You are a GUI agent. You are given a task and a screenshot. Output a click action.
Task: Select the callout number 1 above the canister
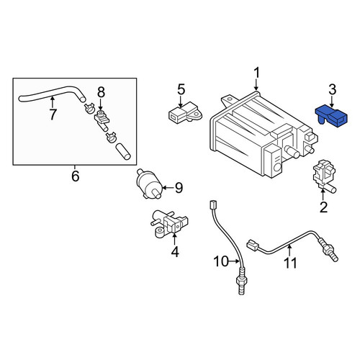(x=256, y=73)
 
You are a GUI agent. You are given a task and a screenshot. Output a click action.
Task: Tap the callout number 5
(x=181, y=89)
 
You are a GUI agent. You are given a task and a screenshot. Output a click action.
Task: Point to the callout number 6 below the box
(x=75, y=176)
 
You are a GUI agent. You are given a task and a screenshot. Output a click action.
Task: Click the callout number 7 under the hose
(x=53, y=114)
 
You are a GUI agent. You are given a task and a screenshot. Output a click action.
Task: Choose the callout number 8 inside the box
(x=101, y=92)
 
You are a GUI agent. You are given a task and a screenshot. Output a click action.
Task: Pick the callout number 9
(x=179, y=188)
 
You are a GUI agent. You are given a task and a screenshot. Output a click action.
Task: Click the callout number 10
(x=221, y=261)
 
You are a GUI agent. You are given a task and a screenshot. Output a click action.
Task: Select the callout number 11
(x=290, y=263)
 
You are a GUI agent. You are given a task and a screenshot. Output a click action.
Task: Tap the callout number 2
(x=323, y=207)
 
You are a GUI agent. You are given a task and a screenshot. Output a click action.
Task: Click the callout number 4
(x=175, y=252)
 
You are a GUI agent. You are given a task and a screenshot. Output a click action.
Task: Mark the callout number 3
(x=332, y=89)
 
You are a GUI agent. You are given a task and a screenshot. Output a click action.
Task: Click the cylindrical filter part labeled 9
(x=148, y=184)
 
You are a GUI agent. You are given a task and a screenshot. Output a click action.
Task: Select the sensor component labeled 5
(x=184, y=112)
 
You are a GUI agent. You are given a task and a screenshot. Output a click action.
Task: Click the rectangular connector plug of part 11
(x=253, y=246)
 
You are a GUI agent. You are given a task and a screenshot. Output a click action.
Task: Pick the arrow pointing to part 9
(x=168, y=187)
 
